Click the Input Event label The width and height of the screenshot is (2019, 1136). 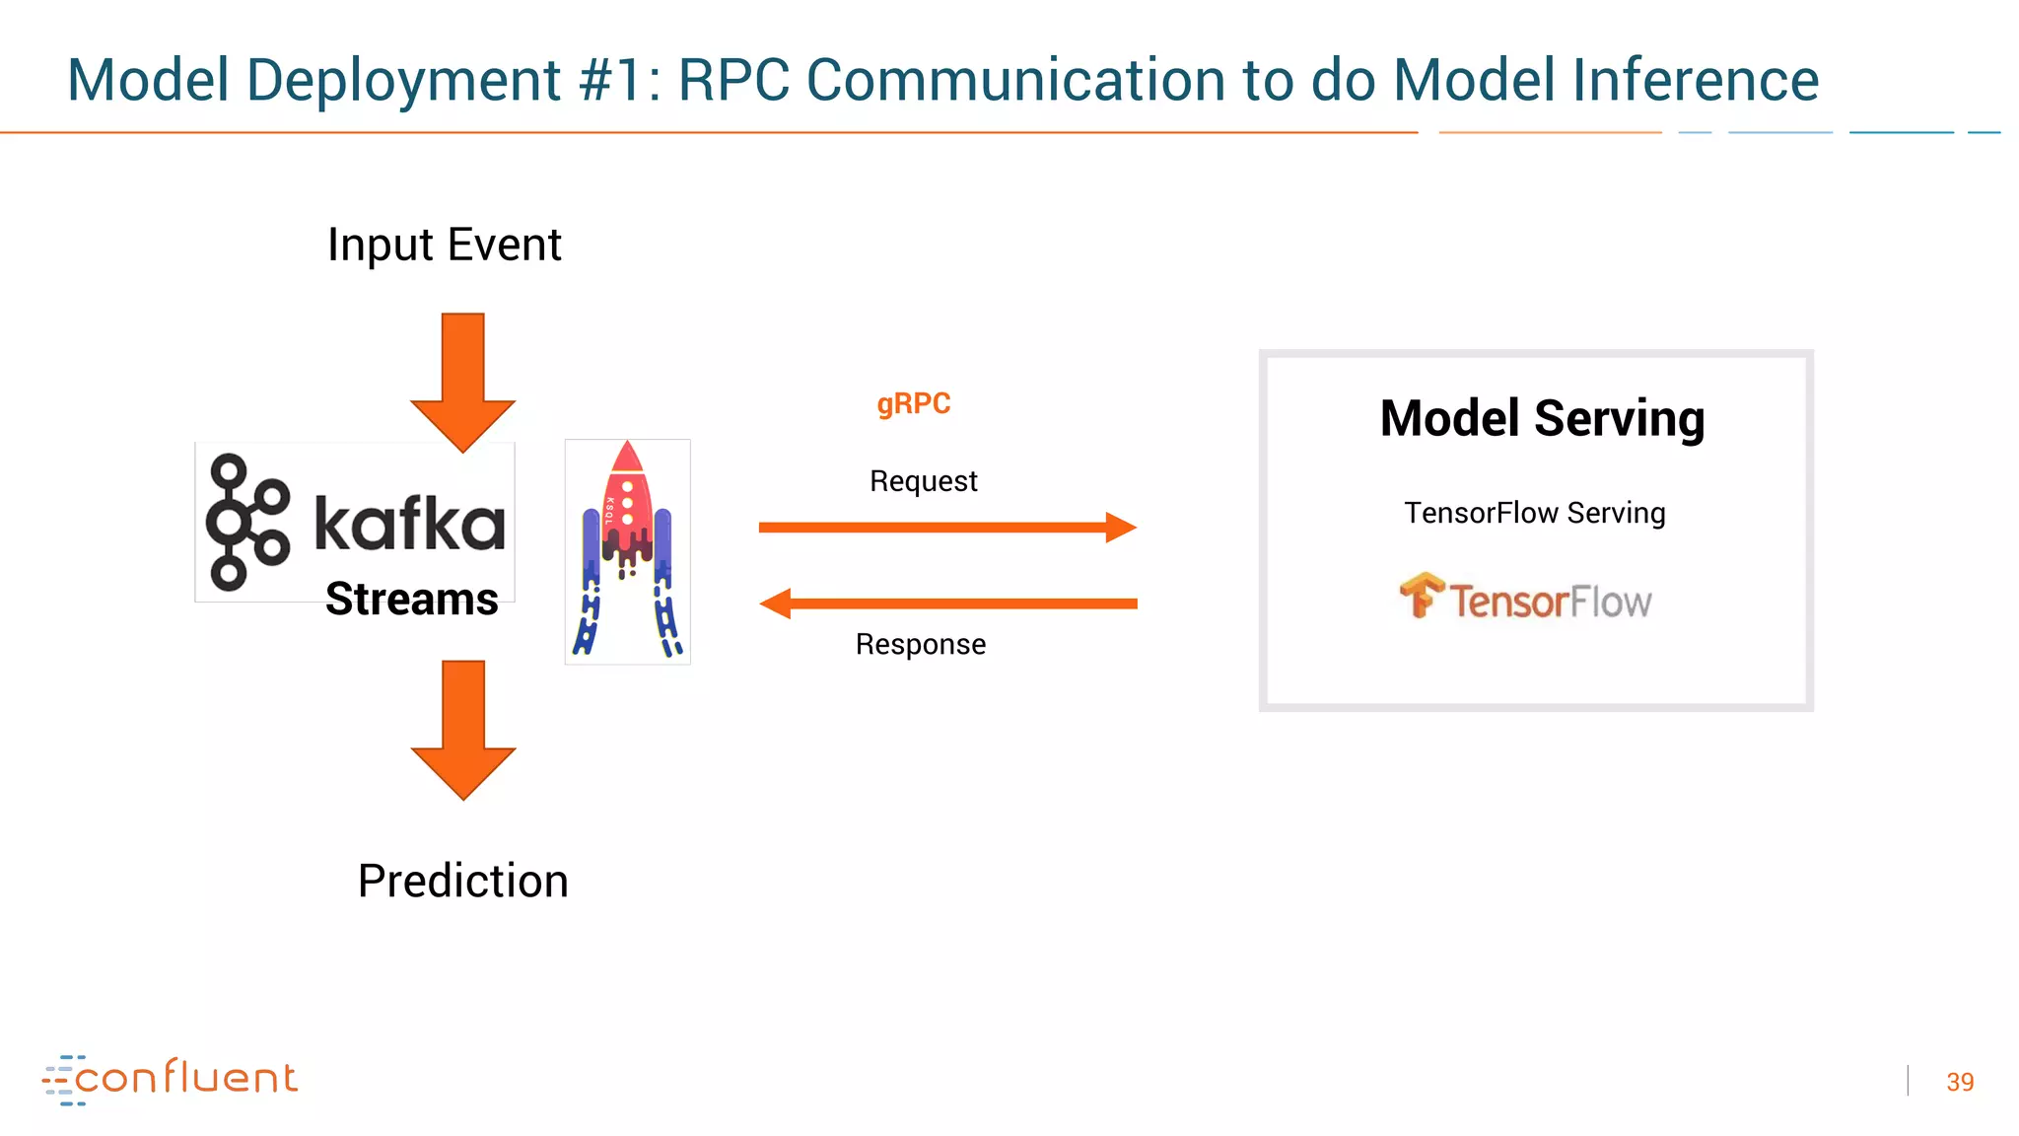point(444,245)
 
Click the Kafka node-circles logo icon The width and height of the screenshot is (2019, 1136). point(246,523)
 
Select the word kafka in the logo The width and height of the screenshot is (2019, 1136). point(409,524)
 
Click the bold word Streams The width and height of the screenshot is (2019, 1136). point(411,599)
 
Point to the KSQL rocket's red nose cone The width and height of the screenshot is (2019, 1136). point(627,459)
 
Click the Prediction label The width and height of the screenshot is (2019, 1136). point(462,881)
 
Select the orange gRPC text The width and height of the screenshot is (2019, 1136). point(913,403)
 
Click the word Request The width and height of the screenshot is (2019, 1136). point(923,481)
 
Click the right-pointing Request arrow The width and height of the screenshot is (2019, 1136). point(946,528)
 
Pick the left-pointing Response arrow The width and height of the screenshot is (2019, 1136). point(946,603)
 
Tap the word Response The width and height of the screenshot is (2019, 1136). point(920,644)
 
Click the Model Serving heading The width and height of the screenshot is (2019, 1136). point(1542,418)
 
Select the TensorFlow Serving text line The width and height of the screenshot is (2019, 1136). point(1534,513)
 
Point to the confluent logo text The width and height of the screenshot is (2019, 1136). point(185,1078)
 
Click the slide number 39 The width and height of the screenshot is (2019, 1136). point(1960,1082)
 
